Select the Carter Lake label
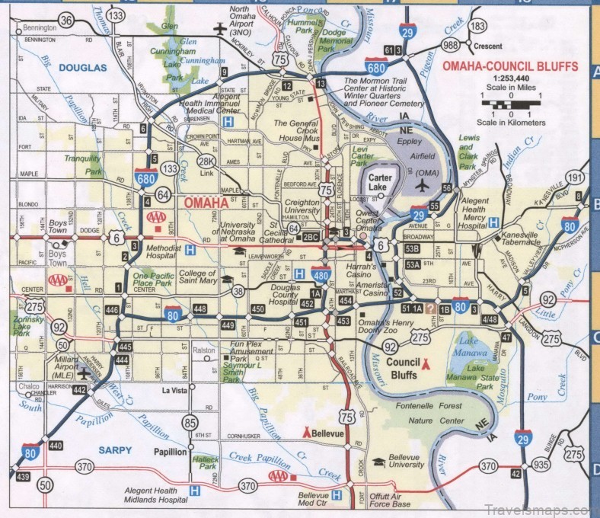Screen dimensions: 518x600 click(x=380, y=177)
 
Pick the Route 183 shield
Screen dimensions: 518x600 click(x=478, y=27)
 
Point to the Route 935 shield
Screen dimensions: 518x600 click(x=541, y=465)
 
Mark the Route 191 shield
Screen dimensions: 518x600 click(x=577, y=177)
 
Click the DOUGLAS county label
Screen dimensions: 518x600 click(x=85, y=68)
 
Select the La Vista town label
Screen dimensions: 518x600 click(x=174, y=391)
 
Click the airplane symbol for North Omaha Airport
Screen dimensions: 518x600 click(x=221, y=30)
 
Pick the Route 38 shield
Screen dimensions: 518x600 click(x=239, y=290)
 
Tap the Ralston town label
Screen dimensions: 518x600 click(x=204, y=350)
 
